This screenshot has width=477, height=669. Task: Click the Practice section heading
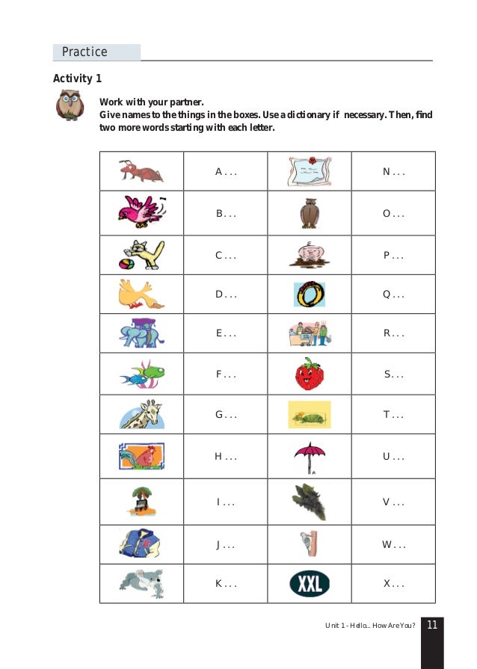point(84,52)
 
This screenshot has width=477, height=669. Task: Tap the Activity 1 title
point(77,78)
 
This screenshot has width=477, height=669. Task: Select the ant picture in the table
point(141,172)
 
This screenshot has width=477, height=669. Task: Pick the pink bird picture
point(141,212)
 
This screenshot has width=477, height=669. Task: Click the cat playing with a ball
point(141,254)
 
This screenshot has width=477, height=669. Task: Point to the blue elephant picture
point(141,333)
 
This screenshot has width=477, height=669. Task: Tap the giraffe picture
point(142,414)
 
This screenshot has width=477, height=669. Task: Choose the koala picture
point(141,583)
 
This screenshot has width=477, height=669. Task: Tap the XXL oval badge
point(309,584)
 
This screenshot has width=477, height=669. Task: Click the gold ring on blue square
point(309,295)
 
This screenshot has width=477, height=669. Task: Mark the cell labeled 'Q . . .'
point(393,295)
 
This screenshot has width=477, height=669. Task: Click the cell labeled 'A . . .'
point(226,172)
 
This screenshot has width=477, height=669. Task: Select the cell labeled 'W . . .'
point(393,544)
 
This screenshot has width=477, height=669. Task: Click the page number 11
point(432,625)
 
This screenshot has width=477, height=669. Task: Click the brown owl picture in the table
point(310,213)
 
